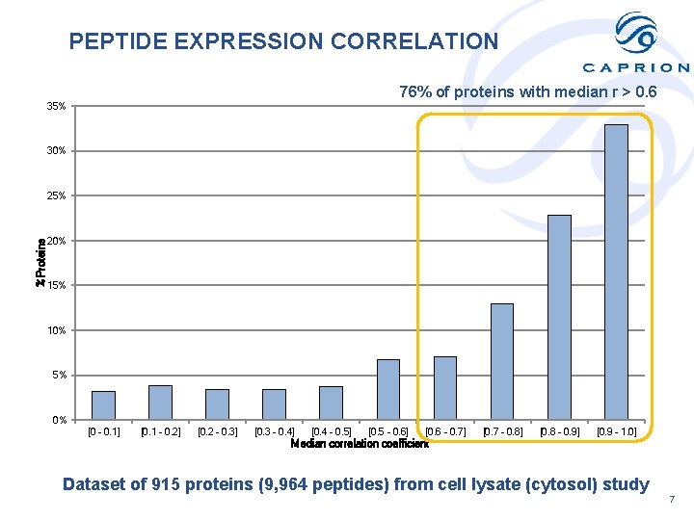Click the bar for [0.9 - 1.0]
[x=616, y=272]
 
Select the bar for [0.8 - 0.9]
[x=559, y=317]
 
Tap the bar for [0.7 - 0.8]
[x=501, y=361]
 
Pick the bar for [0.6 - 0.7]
[x=444, y=387]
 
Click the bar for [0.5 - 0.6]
[x=387, y=389]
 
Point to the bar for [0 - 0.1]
[x=103, y=404]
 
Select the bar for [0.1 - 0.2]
[x=160, y=402]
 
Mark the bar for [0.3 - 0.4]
[x=274, y=403]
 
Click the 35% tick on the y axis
[x=56, y=106]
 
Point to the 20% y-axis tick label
[x=56, y=241]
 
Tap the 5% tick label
[x=59, y=376]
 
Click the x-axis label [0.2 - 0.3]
[x=217, y=432]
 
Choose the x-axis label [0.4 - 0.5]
[x=331, y=432]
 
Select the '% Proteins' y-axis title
[x=40, y=262]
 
